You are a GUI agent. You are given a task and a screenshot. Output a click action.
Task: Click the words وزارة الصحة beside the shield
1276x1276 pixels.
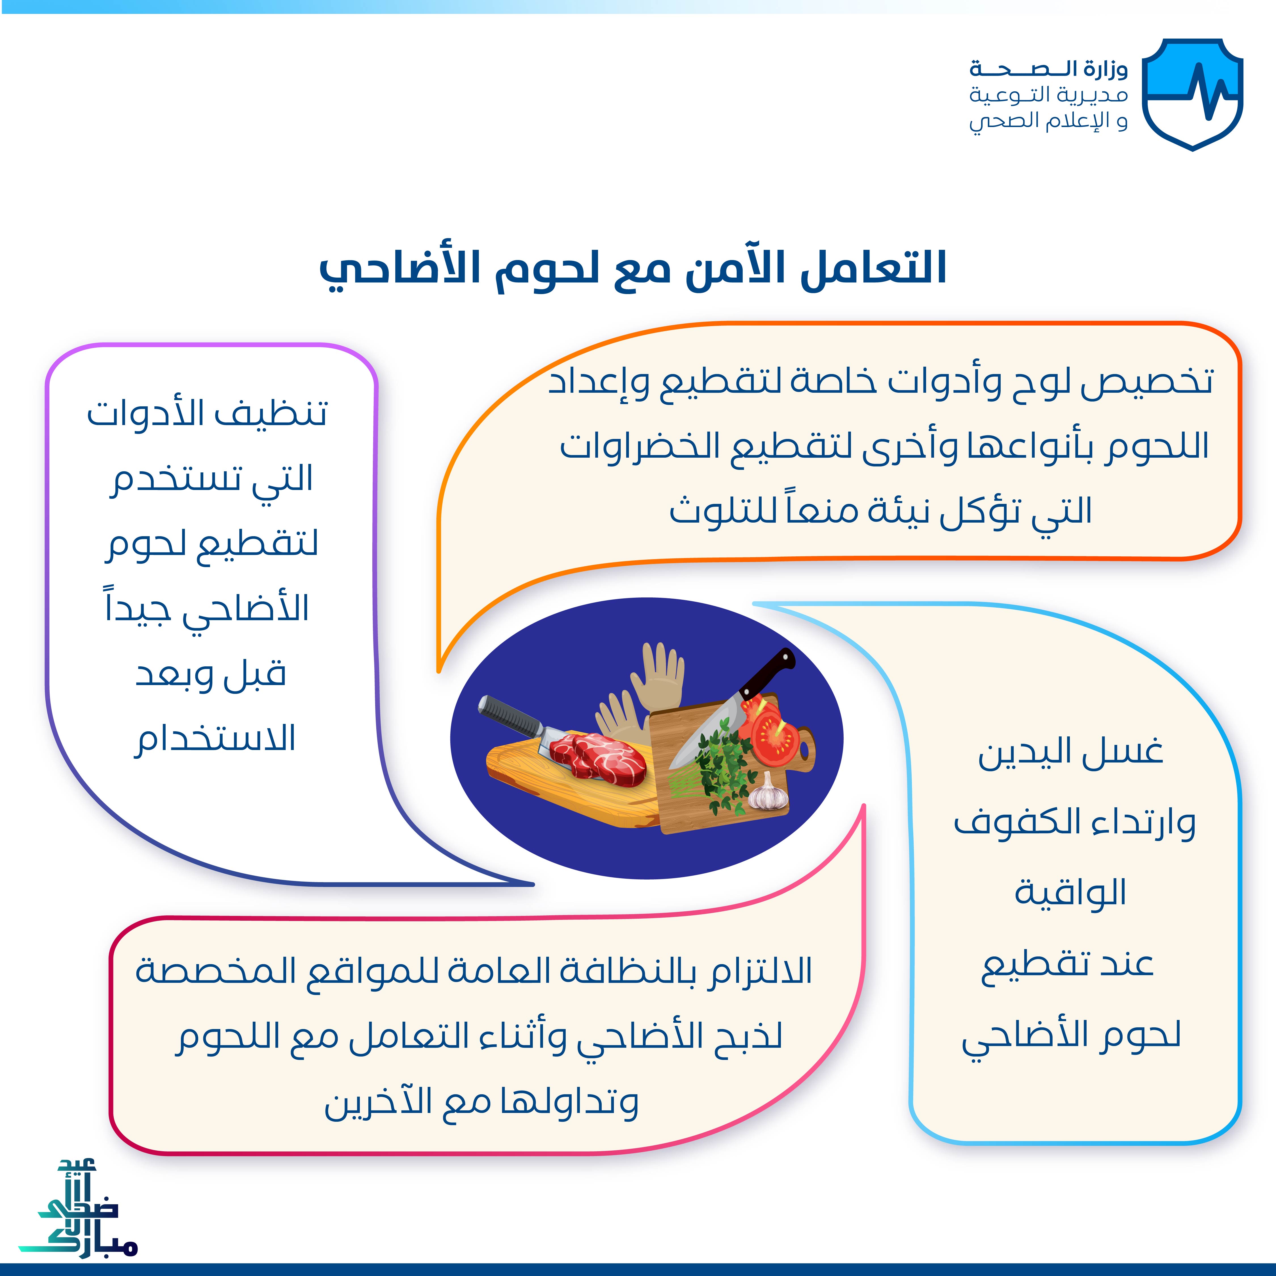1049,69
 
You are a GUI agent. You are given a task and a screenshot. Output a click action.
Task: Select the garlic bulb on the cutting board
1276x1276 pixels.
768,793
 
